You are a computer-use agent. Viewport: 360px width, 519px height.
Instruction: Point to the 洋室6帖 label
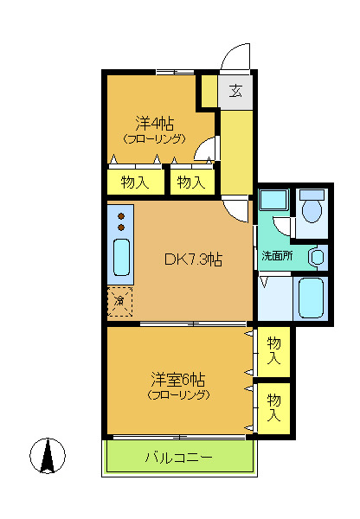[177, 379]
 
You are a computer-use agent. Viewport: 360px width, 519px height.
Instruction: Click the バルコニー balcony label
[177, 458]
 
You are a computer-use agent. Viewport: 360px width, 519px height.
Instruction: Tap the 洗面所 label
[278, 257]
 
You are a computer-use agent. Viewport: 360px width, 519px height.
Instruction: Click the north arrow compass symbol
[49, 456]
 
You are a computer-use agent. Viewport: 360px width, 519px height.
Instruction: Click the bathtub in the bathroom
[311, 298]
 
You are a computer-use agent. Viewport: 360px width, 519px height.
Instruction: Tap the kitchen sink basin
[121, 257]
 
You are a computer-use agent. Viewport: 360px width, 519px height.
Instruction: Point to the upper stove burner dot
[121, 215]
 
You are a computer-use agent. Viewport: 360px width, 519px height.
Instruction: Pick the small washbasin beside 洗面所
[318, 257]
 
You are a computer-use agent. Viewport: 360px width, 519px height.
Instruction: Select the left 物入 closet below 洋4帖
[134, 182]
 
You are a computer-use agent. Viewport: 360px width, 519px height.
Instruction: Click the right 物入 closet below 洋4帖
[190, 182]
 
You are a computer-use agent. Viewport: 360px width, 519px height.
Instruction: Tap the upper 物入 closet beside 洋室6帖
[273, 350]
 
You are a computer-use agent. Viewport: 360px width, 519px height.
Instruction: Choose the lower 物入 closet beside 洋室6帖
[273, 407]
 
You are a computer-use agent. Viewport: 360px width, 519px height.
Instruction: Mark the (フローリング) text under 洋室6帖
[177, 395]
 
